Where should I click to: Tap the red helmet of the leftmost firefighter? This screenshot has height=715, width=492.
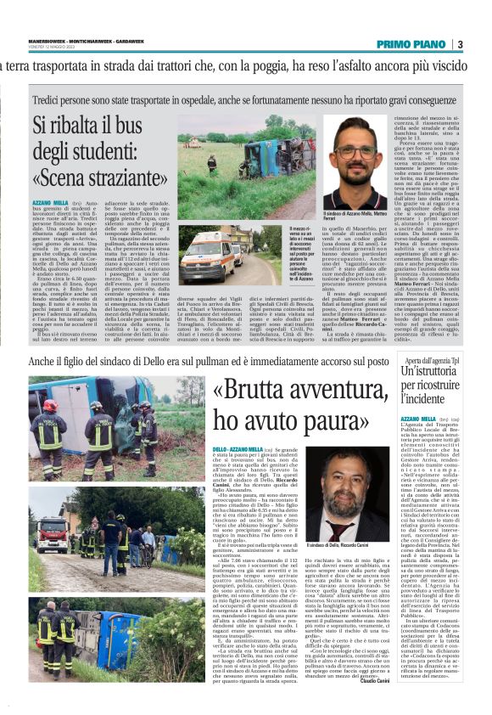point(49,407)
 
